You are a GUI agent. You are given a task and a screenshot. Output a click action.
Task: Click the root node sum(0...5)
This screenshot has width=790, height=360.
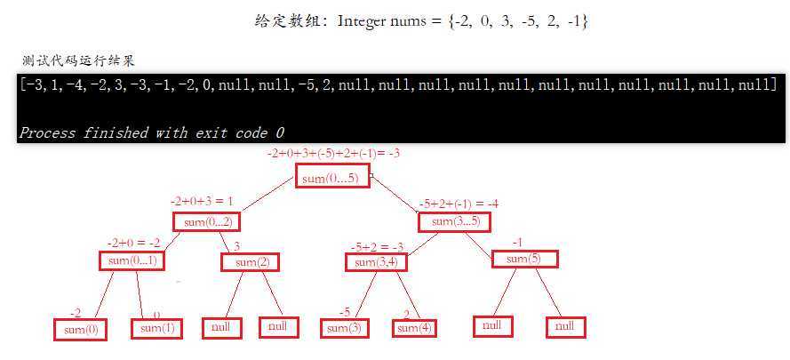[x=332, y=177]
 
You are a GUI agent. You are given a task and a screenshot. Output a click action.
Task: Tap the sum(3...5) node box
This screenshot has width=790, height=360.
[x=454, y=222]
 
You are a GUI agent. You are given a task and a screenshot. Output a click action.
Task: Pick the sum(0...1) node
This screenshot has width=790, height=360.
[x=132, y=260]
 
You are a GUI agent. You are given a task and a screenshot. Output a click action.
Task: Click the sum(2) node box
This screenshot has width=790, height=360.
[x=250, y=262]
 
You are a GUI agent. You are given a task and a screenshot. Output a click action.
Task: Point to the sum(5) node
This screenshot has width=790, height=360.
[x=525, y=260]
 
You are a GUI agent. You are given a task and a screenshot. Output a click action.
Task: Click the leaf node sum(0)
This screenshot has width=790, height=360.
[x=80, y=329]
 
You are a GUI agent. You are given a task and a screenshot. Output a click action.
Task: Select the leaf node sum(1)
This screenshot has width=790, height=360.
[x=156, y=329]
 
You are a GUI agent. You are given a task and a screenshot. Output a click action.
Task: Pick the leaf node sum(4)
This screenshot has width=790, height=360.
[x=415, y=328]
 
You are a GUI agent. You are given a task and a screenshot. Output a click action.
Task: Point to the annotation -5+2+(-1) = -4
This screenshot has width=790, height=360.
[x=458, y=204]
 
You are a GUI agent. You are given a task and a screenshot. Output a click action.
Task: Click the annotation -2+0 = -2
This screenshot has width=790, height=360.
[x=133, y=242]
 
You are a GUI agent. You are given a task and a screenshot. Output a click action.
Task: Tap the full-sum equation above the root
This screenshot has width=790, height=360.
[x=333, y=153]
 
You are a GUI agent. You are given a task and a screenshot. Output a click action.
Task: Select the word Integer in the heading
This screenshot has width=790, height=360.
[x=362, y=20]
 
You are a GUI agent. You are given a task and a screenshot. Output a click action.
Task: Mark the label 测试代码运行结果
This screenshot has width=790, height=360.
[x=78, y=60]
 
